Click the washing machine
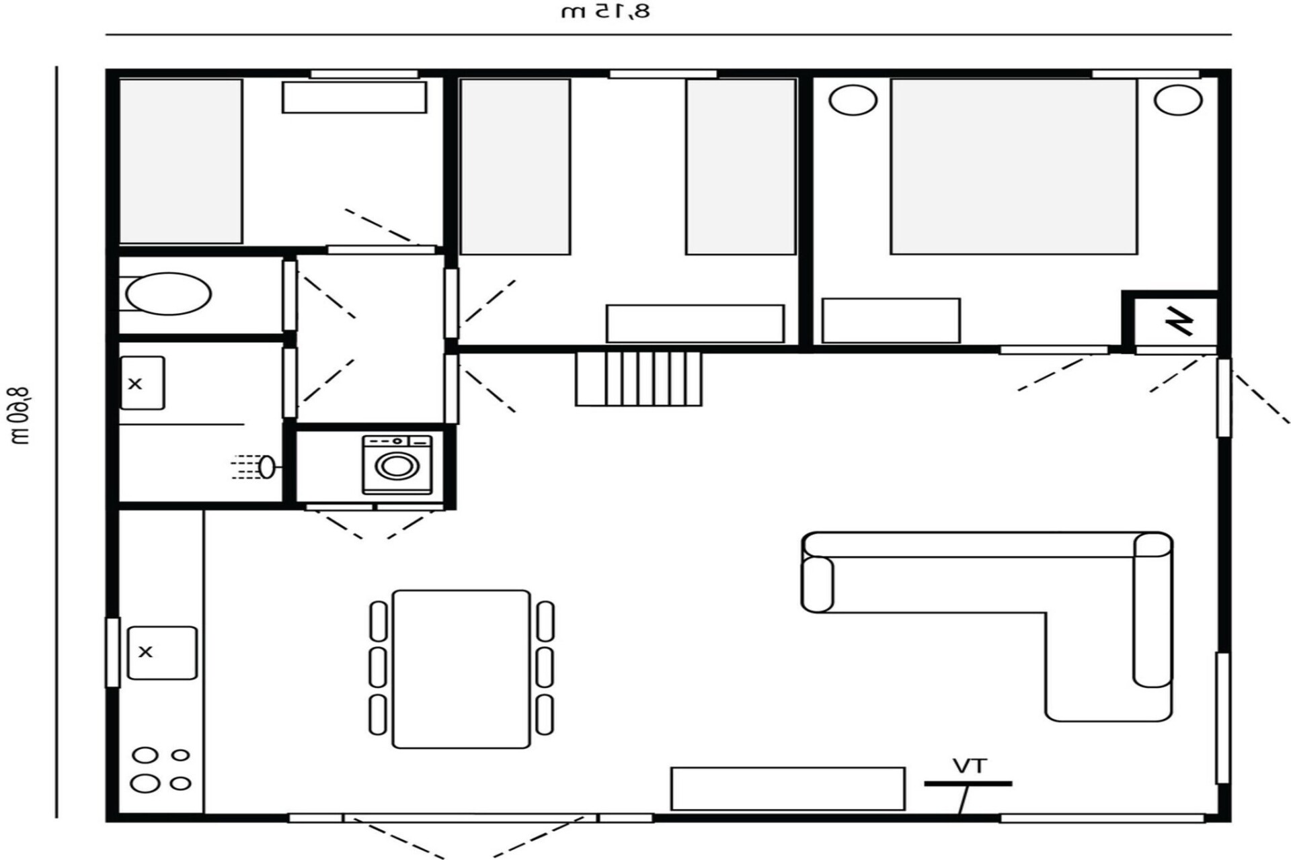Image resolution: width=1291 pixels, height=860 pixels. point(397,464)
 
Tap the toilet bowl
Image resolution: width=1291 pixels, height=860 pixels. point(169,294)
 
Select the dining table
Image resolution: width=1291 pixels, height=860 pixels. point(461,669)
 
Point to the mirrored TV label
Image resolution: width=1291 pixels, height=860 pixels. point(969,766)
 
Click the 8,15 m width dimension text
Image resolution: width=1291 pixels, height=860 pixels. point(606,11)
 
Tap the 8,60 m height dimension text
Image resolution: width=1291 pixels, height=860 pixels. point(19,417)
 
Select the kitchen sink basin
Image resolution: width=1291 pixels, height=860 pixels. point(162,652)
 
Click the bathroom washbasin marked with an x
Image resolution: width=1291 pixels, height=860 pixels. point(142,383)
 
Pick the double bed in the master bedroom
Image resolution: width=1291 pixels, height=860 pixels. point(1014,167)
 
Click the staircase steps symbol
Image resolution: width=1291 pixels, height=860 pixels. point(638,379)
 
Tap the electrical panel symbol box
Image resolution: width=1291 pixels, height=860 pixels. point(1176,322)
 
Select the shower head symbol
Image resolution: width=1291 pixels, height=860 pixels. point(267,467)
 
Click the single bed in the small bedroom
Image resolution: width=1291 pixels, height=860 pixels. point(181,161)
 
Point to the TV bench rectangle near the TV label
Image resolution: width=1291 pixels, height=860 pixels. point(787,789)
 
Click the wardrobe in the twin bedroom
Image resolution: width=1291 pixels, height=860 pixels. point(695,324)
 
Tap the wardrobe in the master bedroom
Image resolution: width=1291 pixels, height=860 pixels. point(891,320)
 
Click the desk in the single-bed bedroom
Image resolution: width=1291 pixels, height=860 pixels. point(354,97)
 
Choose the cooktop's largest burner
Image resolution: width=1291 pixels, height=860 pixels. point(145,783)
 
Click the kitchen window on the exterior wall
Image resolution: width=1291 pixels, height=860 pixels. point(112,652)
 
